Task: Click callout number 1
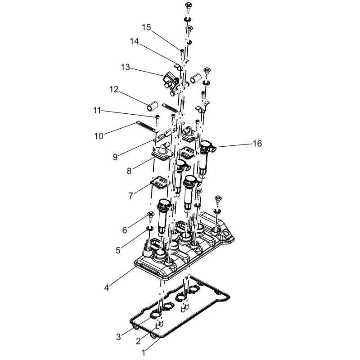click(144, 353)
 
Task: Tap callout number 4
click(106, 288)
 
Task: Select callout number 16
click(257, 144)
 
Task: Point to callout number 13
click(126, 67)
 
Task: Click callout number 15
click(146, 27)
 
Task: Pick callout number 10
click(99, 136)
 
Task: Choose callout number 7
click(130, 196)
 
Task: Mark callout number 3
click(118, 337)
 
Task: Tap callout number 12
click(114, 89)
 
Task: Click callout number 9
click(115, 157)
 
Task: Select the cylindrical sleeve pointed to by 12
click(153, 106)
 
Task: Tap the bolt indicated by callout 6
click(150, 216)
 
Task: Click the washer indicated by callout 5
click(150, 229)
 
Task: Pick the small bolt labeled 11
click(157, 118)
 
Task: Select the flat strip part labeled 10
click(147, 126)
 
